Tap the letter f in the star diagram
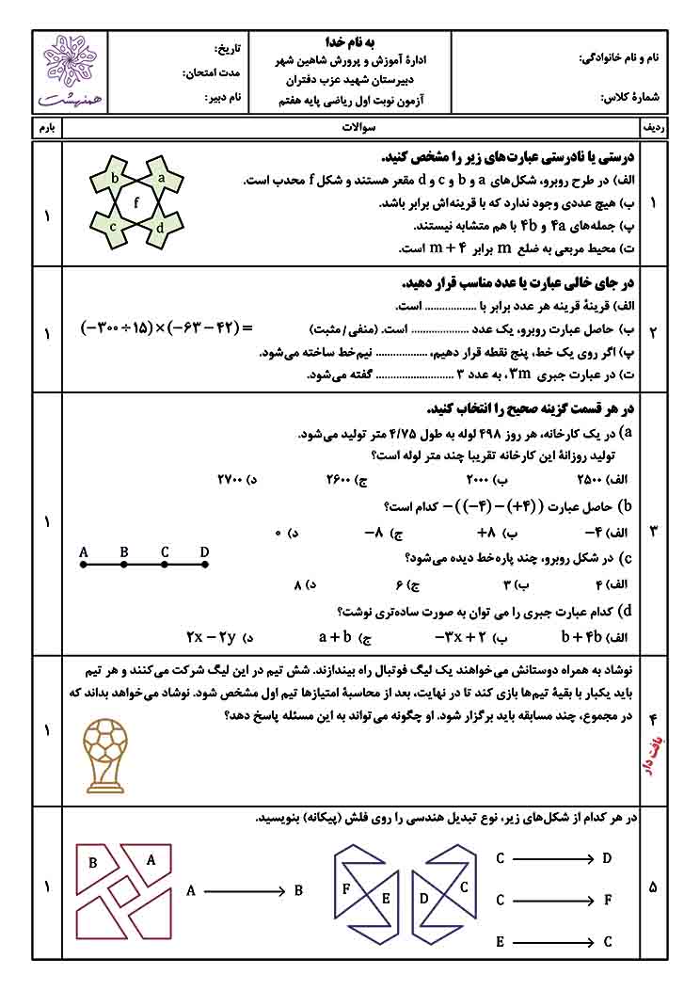(137, 200)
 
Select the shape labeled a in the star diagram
(162, 176)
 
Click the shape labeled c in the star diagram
(113, 226)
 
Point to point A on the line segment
(84, 565)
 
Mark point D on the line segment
(205, 565)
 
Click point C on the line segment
(165, 565)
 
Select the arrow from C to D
(556, 858)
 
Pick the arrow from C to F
(556, 900)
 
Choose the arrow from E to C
(556, 941)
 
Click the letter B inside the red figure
(93, 862)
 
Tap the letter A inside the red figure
(151, 858)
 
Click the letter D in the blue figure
(423, 898)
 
